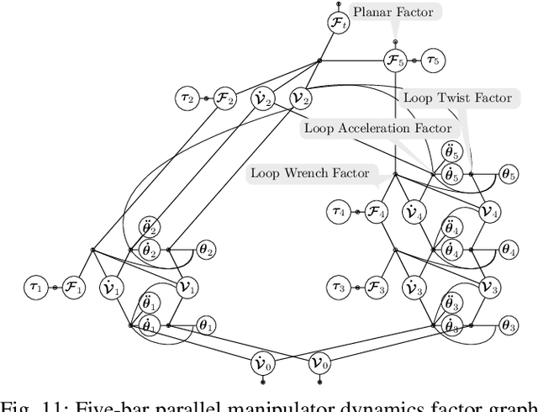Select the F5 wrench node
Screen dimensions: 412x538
395,61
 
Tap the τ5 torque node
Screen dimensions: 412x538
433,61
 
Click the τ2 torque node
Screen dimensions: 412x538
188,98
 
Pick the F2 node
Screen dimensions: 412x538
224,98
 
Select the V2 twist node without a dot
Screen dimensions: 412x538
300,98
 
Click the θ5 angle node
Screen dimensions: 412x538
509,174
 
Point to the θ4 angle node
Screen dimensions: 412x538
509,250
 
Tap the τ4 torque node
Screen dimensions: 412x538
340,213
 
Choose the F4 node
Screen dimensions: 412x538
377,213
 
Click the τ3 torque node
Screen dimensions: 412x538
340,288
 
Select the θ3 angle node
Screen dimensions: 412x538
509,325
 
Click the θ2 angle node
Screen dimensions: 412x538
206,250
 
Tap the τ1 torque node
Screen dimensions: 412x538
36,288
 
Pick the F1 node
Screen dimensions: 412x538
73,288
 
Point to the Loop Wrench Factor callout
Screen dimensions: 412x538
309,173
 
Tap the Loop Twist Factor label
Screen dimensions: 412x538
456,98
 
